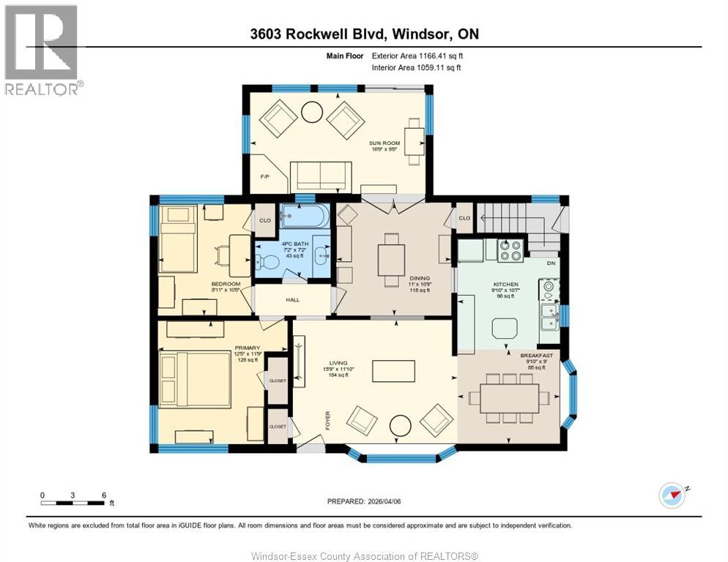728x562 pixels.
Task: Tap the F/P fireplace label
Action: tap(266, 177)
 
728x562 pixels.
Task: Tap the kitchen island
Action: tap(505, 328)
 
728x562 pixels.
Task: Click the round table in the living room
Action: tap(401, 424)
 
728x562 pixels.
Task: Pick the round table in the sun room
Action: tap(311, 112)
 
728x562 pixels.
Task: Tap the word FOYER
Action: tap(328, 420)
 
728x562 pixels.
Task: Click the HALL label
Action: tap(291, 299)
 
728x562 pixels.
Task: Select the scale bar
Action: tap(73, 503)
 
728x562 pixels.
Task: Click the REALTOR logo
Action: tap(42, 49)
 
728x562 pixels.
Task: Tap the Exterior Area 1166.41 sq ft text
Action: tap(417, 55)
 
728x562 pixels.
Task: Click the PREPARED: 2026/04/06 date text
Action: tap(363, 501)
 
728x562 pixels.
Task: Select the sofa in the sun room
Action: tap(321, 176)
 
